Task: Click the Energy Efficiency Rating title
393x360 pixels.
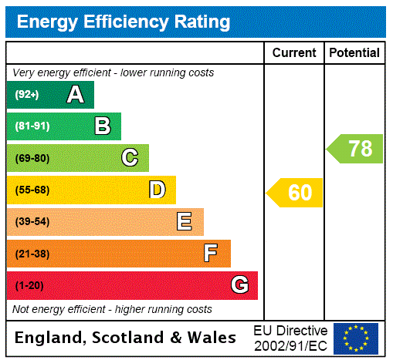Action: [124, 22]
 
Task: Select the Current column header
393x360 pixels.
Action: [294, 53]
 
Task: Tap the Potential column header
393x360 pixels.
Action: [354, 53]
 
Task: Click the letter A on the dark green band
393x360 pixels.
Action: [75, 95]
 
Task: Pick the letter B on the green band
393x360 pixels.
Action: [102, 126]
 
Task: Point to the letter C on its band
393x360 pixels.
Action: [130, 158]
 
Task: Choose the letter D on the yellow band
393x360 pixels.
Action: [158, 190]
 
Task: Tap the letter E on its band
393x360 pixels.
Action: [185, 222]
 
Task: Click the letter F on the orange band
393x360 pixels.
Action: [211, 254]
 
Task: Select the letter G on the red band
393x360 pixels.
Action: [239, 285]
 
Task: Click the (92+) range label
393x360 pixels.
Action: [27, 95]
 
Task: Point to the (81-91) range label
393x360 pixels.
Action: [32, 126]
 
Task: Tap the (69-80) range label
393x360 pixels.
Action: [32, 159]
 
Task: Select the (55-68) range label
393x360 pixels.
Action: [32, 190]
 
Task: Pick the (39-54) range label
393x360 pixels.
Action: [32, 222]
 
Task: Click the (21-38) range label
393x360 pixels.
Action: [32, 254]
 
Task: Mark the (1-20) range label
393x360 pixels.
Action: [29, 286]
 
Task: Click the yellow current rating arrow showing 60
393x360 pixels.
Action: [295, 193]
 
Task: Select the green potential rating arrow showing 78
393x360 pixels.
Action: [355, 148]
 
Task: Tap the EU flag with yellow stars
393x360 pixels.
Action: [356, 338]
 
